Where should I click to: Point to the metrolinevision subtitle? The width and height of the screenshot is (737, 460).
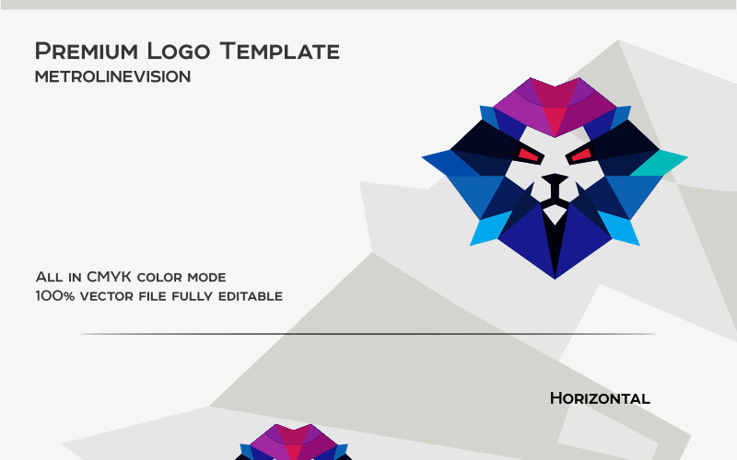[x=112, y=77]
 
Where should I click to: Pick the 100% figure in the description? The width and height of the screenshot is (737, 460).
[x=53, y=296]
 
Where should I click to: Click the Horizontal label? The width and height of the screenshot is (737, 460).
[x=600, y=398]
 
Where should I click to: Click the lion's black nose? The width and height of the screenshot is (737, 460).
[x=555, y=178]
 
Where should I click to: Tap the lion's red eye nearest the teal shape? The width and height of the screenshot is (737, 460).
[x=581, y=155]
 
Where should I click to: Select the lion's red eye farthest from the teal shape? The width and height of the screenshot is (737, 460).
[x=528, y=155]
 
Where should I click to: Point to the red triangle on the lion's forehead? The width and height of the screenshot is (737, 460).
[x=555, y=119]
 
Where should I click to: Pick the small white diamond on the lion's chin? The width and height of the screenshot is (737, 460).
[x=555, y=213]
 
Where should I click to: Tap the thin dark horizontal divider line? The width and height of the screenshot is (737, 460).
[x=368, y=334]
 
